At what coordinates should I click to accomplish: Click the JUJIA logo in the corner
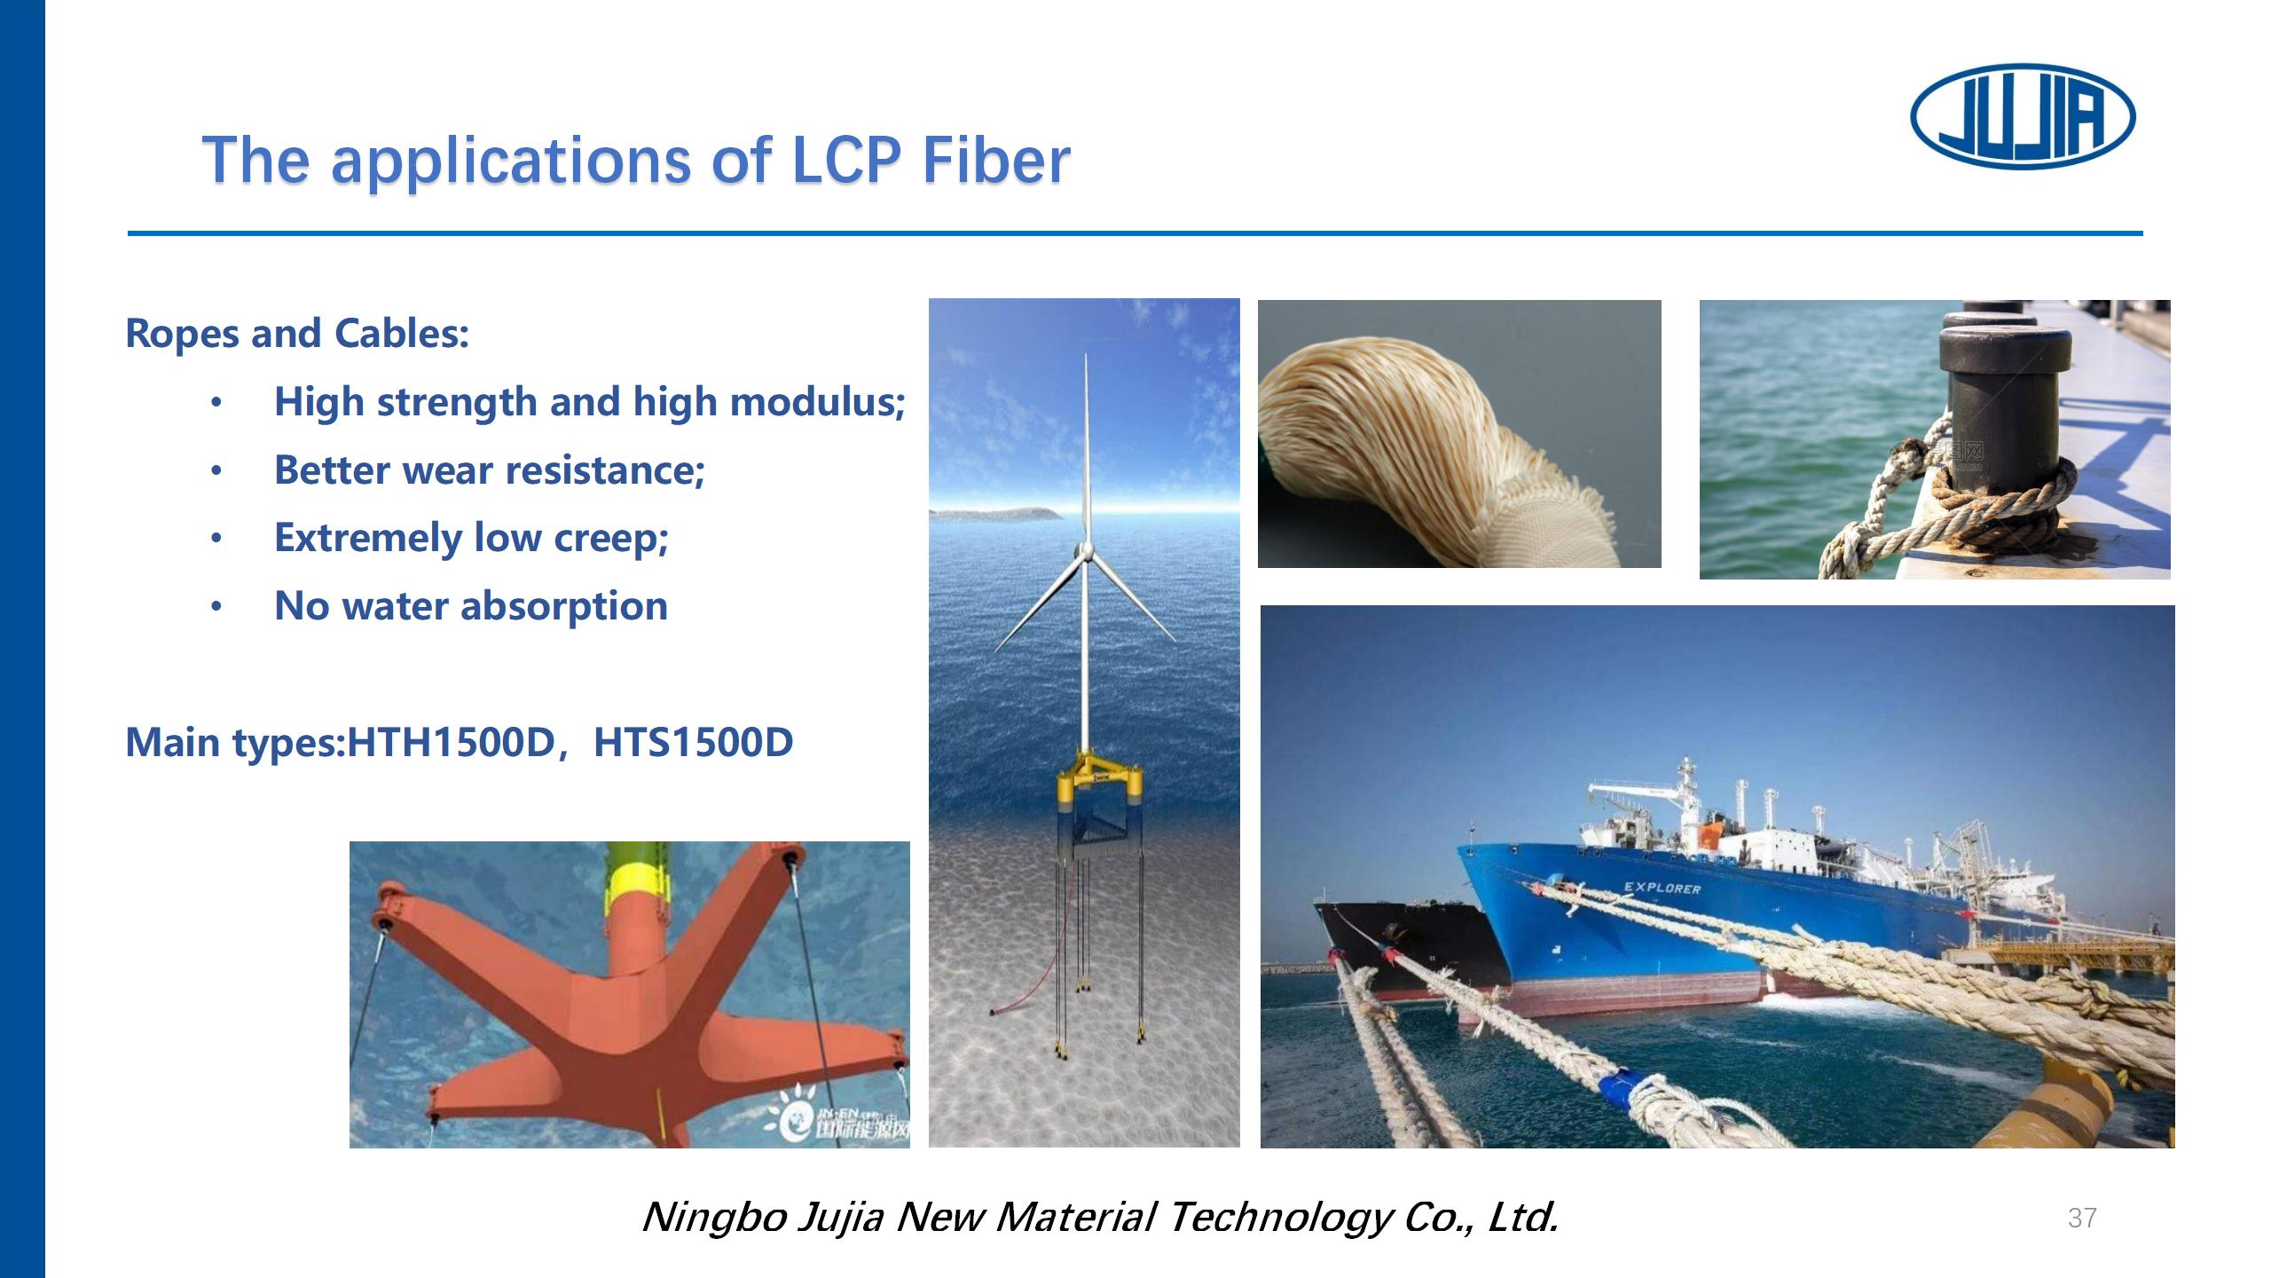[x=2023, y=116]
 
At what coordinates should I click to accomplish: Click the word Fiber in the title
[x=996, y=161]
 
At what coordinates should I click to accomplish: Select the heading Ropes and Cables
[x=297, y=334]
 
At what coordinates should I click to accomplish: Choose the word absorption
[x=564, y=607]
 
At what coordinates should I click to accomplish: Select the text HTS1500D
[x=694, y=742]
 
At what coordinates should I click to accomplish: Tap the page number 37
[x=2082, y=1218]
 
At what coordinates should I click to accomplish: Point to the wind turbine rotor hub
[x=1083, y=552]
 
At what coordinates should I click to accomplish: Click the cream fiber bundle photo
[x=1459, y=434]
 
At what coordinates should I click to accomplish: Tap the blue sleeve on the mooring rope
[x=1620, y=1088]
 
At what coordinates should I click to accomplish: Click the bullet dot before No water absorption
[x=216, y=607]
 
